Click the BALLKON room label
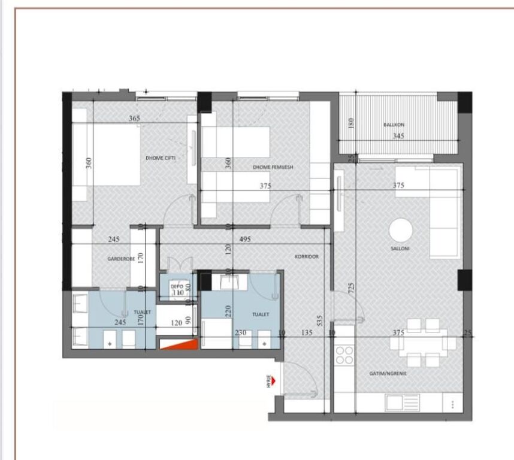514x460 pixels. click(x=394, y=125)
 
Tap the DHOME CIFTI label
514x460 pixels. click(x=160, y=158)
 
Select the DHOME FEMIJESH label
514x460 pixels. click(x=273, y=168)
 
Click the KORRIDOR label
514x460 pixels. click(x=306, y=256)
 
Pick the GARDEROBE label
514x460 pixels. click(x=120, y=259)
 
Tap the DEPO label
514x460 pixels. click(x=177, y=286)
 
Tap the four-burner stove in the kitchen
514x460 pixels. click(x=344, y=355)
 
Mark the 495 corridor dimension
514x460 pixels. click(x=244, y=239)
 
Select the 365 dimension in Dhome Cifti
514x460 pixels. click(x=134, y=119)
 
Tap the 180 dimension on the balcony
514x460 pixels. click(x=352, y=123)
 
